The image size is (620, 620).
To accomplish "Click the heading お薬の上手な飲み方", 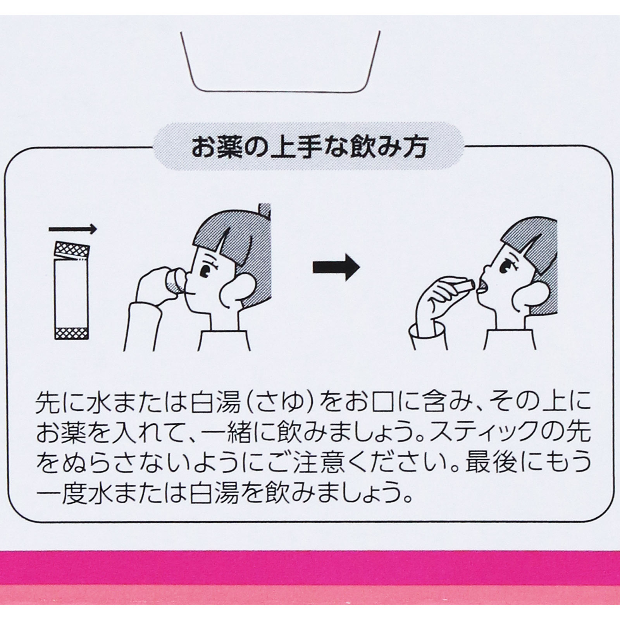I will pyautogui.click(x=309, y=148).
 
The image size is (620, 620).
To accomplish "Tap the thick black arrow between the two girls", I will pyautogui.click(x=336, y=267).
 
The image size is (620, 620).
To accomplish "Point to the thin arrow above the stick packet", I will pyautogui.click(x=72, y=229).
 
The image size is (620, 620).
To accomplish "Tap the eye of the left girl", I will pyautogui.click(x=205, y=270).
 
